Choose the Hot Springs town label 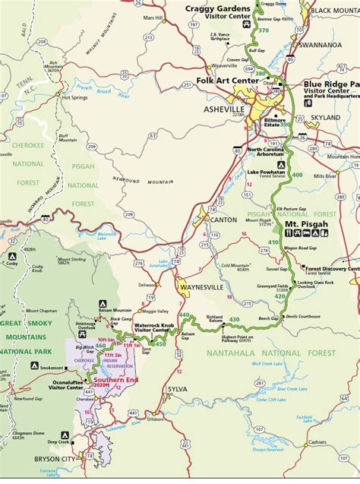click(76, 97)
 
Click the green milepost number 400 click(296, 174)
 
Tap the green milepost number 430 click(234, 319)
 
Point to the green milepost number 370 click(264, 30)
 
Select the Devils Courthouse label click(305, 315)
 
